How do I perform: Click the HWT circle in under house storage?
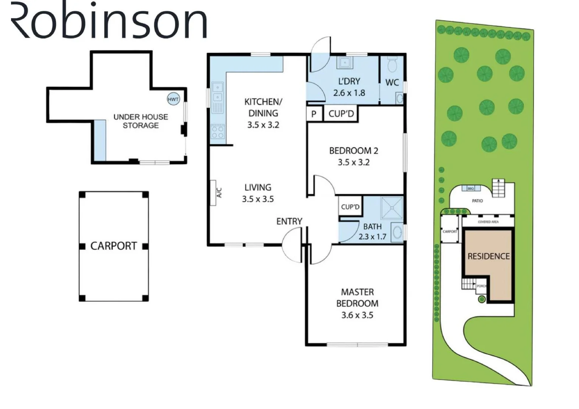click(173, 99)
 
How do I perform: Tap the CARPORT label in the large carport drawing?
click(113, 246)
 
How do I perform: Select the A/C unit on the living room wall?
click(213, 193)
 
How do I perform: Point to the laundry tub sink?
click(345, 63)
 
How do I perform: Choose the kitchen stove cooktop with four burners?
click(218, 132)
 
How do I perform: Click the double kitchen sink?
click(217, 92)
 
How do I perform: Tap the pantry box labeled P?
click(314, 114)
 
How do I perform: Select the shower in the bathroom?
click(392, 208)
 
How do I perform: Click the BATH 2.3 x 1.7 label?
click(372, 231)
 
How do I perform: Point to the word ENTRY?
click(289, 222)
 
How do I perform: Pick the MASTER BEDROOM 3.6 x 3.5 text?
click(357, 303)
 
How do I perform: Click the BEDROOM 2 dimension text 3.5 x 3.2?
click(353, 162)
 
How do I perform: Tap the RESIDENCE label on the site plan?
click(488, 256)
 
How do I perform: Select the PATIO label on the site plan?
click(477, 201)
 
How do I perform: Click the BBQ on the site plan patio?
click(471, 188)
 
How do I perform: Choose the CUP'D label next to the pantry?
click(341, 114)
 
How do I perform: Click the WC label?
click(392, 83)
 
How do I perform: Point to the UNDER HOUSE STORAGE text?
click(140, 121)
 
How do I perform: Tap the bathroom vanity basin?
click(397, 232)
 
